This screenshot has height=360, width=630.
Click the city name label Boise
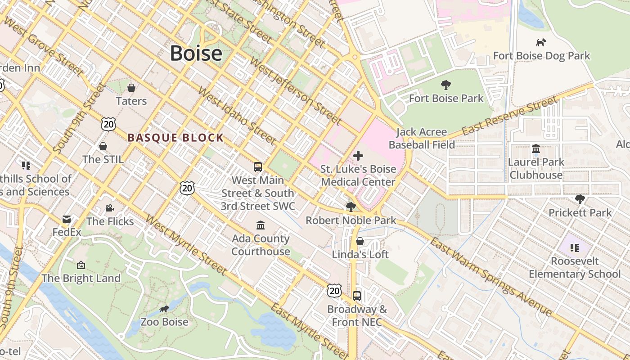tap(196, 54)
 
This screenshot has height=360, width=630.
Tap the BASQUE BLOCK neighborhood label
tap(175, 138)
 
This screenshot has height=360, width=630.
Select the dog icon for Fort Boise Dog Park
tap(541, 43)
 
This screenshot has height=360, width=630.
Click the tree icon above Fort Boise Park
tap(446, 85)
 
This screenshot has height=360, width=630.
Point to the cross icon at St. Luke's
tap(358, 156)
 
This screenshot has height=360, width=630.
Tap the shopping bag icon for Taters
tap(131, 88)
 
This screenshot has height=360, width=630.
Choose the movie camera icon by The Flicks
tap(109, 208)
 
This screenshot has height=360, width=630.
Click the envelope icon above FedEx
tap(67, 220)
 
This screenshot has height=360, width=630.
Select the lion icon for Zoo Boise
tap(164, 309)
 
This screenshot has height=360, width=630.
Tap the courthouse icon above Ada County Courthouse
tap(261, 225)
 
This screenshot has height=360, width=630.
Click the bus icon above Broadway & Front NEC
tap(357, 296)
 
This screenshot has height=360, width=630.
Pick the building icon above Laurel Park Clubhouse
tap(535, 148)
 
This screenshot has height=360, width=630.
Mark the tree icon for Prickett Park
tap(580, 199)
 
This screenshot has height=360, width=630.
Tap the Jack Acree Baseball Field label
tap(422, 138)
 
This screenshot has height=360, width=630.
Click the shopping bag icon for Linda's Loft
tap(360, 241)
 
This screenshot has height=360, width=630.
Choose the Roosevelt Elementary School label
tap(575, 267)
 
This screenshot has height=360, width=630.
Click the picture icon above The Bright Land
tap(81, 265)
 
